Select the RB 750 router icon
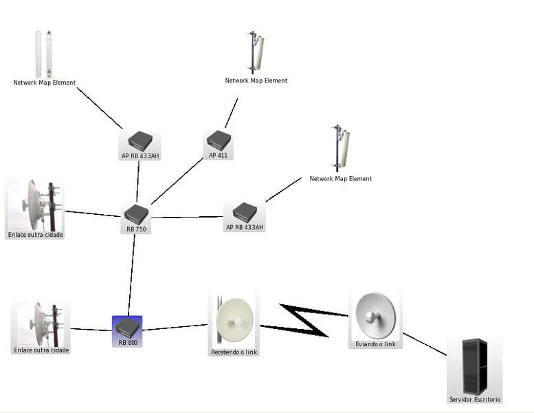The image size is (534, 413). [136, 214]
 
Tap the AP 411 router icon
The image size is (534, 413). [219, 140]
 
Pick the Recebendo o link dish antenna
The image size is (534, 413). [234, 320]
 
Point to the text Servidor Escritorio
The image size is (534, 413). [475, 399]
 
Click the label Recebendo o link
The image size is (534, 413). [234, 352]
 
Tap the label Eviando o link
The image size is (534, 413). [375, 343]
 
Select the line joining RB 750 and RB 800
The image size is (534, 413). [131, 274]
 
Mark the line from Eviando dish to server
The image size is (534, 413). [424, 343]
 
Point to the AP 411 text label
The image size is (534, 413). [218, 155]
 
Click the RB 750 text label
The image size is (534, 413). [136, 229]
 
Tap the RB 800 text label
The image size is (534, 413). [127, 342]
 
